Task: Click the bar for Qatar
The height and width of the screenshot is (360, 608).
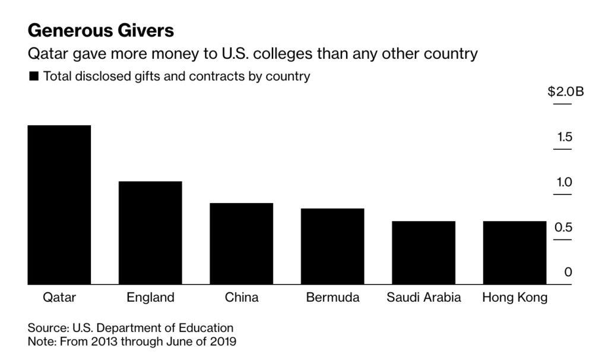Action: pos(59,205)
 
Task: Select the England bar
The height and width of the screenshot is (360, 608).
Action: pos(150,233)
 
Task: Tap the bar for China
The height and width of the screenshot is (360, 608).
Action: pos(242,244)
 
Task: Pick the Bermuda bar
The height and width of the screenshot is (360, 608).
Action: pos(332,247)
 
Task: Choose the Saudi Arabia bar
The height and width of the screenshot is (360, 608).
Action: pos(423,252)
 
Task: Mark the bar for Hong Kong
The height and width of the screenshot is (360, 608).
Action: pos(515,252)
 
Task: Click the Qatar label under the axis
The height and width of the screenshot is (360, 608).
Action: pos(59,298)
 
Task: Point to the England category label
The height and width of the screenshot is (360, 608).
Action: pos(150,298)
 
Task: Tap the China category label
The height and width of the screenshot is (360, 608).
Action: pos(242,298)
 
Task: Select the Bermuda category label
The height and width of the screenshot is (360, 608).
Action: pos(332,298)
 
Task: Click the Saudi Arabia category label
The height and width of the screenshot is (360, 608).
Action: pos(423,298)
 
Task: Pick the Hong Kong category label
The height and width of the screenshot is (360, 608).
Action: pos(515,298)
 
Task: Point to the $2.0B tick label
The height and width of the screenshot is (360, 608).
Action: pos(565,92)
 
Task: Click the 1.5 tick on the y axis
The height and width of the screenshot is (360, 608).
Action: pos(564,138)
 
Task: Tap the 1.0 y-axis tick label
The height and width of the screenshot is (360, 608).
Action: pos(564,182)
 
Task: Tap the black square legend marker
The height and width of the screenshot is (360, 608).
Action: pos(33,76)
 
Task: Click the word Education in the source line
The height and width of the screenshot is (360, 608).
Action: pos(209,328)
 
